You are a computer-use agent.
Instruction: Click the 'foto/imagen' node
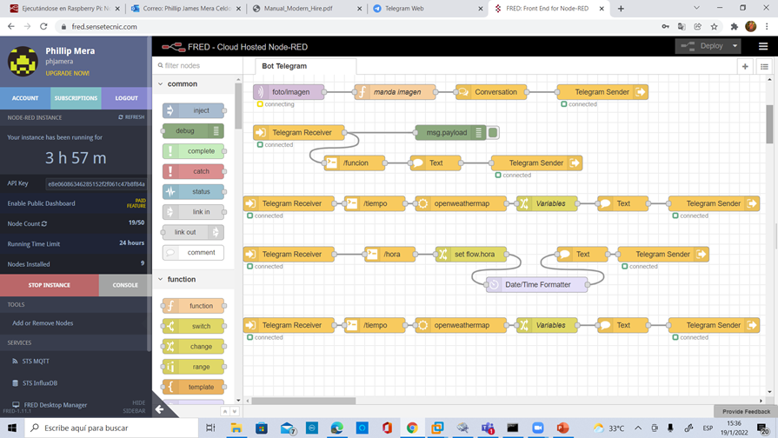[x=289, y=92]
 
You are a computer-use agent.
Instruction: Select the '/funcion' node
[x=355, y=163]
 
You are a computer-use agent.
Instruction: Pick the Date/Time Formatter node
[x=536, y=285]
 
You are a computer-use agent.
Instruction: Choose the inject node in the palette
[x=193, y=111]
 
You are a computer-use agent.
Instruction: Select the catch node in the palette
[x=193, y=172]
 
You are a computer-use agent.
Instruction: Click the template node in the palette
[x=193, y=388]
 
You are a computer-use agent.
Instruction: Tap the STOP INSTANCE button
[x=50, y=285]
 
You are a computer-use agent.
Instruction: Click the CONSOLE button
[x=125, y=285]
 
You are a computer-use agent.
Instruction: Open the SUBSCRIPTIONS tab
[x=76, y=98]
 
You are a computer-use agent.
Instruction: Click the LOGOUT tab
[x=126, y=98]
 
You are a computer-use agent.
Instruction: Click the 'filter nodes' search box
[x=196, y=66]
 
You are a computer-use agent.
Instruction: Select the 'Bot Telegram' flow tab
[x=285, y=66]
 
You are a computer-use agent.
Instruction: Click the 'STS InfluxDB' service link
[x=40, y=383]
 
